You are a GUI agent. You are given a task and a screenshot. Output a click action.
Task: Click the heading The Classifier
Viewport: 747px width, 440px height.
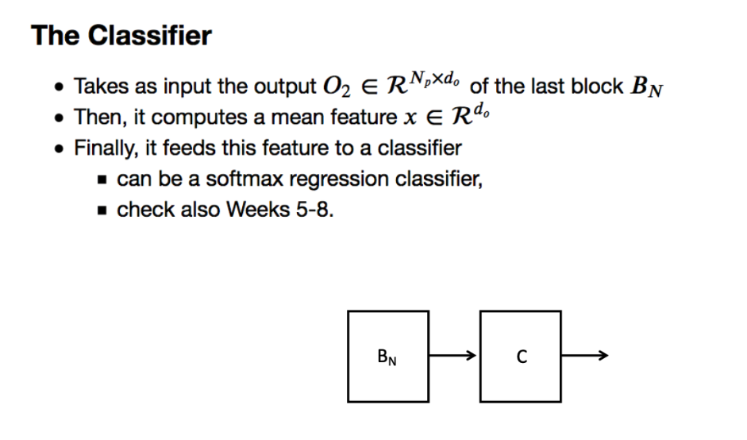point(121,36)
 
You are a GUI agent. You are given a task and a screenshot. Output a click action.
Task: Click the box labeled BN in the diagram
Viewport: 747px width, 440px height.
point(387,357)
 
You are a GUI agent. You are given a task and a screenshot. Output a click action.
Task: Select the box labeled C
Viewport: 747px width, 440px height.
point(521,357)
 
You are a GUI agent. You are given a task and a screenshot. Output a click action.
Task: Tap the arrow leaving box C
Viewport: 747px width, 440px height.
point(585,356)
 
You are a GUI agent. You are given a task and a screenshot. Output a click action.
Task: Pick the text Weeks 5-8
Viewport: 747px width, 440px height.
point(279,210)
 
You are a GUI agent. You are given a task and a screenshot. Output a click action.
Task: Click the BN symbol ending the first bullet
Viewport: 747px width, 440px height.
point(647,87)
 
